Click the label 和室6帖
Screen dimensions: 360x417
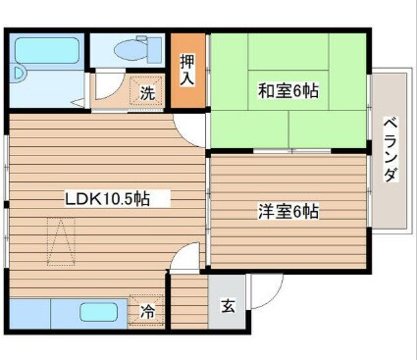[x=288, y=91]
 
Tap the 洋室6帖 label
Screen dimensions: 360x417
[x=288, y=210]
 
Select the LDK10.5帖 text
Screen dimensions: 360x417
[x=107, y=198]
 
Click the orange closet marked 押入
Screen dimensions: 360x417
[x=186, y=72]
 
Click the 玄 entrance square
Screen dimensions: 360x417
[x=228, y=306]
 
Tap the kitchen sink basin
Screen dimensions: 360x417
[x=99, y=314]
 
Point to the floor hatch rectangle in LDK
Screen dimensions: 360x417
[x=63, y=242]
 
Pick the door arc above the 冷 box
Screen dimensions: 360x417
[x=183, y=261]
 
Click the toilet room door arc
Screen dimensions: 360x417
[x=111, y=78]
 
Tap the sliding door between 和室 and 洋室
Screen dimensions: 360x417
[x=289, y=152]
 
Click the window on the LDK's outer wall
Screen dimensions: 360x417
[x=8, y=196]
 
